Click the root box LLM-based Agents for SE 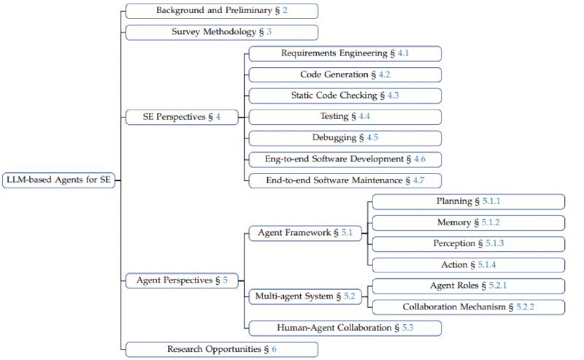(58, 180)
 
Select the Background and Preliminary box (221, 11)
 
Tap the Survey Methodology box (221, 32)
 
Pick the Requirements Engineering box (345, 53)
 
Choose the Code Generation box (345, 74)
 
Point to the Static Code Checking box (345, 96)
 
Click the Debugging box (345, 138)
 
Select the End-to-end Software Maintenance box (345, 180)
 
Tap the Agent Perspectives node (182, 279)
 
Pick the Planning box (468, 202)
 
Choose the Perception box (468, 244)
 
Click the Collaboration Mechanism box (468, 307)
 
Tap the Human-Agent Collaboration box (345, 328)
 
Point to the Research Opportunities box (221, 349)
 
